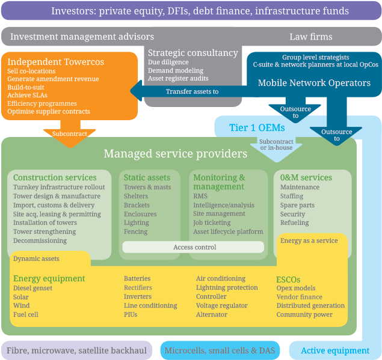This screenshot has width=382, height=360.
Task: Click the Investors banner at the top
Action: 191,11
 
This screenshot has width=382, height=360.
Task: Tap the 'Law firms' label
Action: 310,37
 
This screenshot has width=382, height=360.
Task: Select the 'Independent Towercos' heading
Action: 56,62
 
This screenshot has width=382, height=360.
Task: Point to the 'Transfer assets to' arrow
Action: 192,91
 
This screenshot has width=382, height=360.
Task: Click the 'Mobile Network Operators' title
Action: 314,83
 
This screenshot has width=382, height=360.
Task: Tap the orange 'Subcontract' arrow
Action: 69,133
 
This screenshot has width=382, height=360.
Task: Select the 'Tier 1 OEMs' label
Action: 257,127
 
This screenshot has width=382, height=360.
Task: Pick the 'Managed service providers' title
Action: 175,154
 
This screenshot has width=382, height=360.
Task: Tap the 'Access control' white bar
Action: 193,247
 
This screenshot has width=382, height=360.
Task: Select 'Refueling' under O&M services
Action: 294,222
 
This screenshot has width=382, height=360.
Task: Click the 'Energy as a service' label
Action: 309,240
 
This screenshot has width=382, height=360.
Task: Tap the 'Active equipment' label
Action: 335,350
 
